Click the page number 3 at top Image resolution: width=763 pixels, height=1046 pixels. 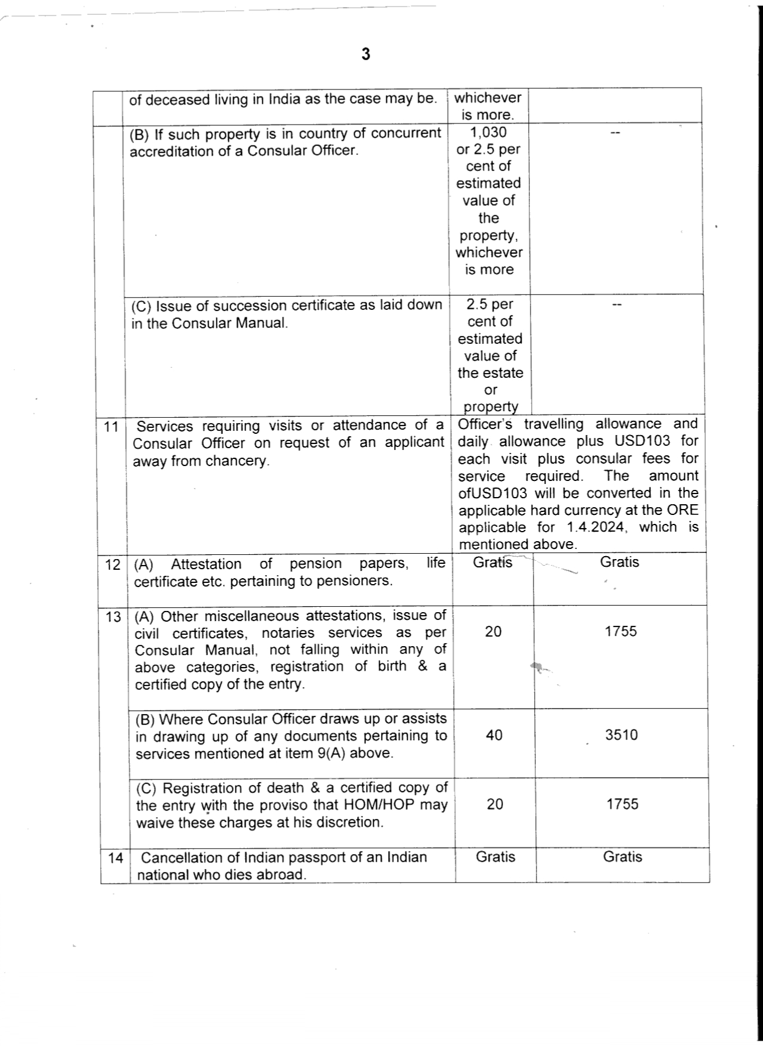(365, 54)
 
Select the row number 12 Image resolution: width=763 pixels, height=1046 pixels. (113, 564)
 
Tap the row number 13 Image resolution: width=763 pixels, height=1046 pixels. (113, 616)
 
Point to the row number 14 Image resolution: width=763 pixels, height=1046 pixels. (116, 858)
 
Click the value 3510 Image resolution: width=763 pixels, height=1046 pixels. (621, 735)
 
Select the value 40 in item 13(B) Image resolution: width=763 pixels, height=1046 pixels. (494, 735)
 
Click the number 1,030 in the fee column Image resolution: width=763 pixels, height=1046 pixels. (488, 132)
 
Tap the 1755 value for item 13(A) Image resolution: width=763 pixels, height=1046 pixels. (621, 631)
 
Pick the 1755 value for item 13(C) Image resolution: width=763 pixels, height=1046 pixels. (622, 804)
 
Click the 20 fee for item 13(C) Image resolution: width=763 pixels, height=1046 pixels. (495, 804)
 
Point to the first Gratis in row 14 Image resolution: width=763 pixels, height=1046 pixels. (495, 857)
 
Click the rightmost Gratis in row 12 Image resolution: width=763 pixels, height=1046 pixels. (619, 562)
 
